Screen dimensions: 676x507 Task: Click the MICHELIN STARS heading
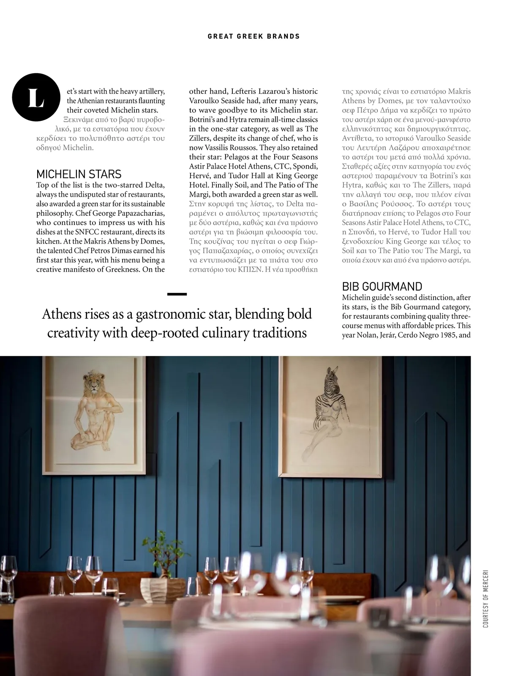(79, 174)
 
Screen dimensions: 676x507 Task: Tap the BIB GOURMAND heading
(382, 286)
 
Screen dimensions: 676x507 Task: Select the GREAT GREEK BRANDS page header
(253, 36)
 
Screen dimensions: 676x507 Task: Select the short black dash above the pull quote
(177, 294)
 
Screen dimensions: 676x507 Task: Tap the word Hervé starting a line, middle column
(200, 175)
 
